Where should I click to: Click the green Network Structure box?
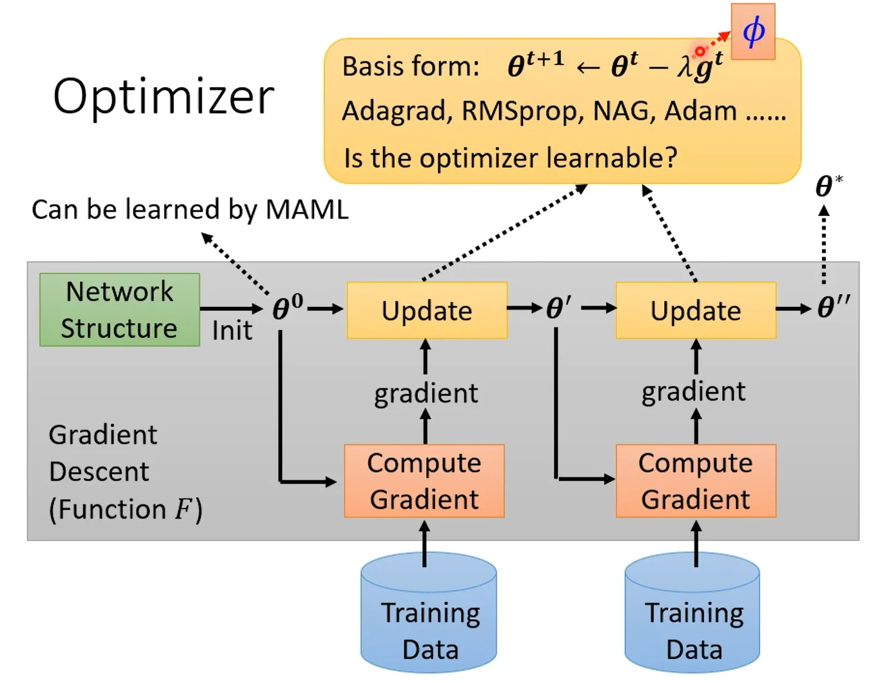(119, 310)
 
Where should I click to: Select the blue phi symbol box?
(753, 31)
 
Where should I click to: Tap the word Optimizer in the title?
(164, 97)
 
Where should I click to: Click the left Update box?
(427, 310)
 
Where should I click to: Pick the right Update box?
(696, 310)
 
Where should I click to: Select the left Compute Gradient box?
(424, 481)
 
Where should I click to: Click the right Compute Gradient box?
(696, 481)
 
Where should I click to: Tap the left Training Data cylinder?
(429, 613)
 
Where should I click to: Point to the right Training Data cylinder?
(693, 613)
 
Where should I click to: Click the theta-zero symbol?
(287, 308)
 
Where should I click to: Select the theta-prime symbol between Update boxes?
(558, 308)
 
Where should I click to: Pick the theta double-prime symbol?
(833, 307)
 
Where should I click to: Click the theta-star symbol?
(828, 186)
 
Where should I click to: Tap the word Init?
(232, 331)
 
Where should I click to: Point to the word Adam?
(700, 111)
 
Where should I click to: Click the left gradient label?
(426, 393)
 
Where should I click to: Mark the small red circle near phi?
(700, 51)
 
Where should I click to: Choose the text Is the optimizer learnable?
(510, 158)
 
